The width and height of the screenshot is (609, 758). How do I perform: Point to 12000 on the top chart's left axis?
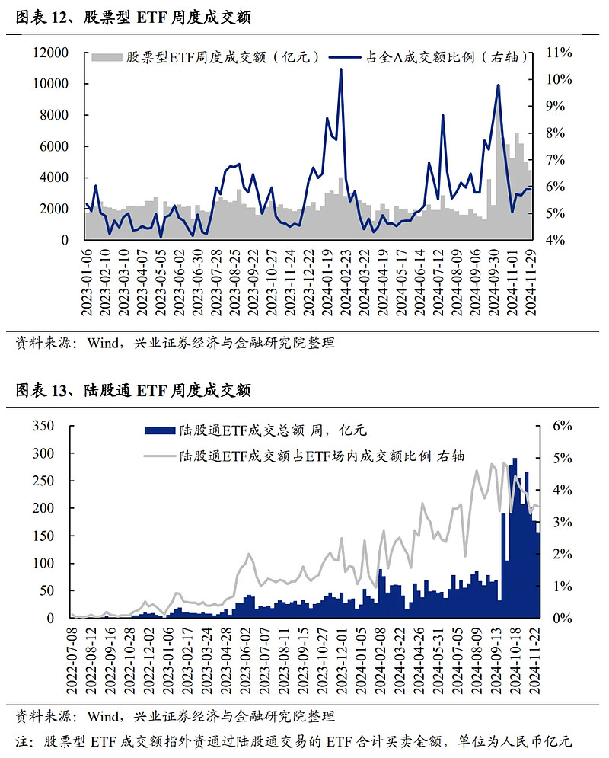pyautogui.click(x=51, y=53)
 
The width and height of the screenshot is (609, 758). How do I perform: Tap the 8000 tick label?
pyautogui.click(x=55, y=115)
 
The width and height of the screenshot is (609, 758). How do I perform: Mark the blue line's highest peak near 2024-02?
pyautogui.click(x=340, y=69)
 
